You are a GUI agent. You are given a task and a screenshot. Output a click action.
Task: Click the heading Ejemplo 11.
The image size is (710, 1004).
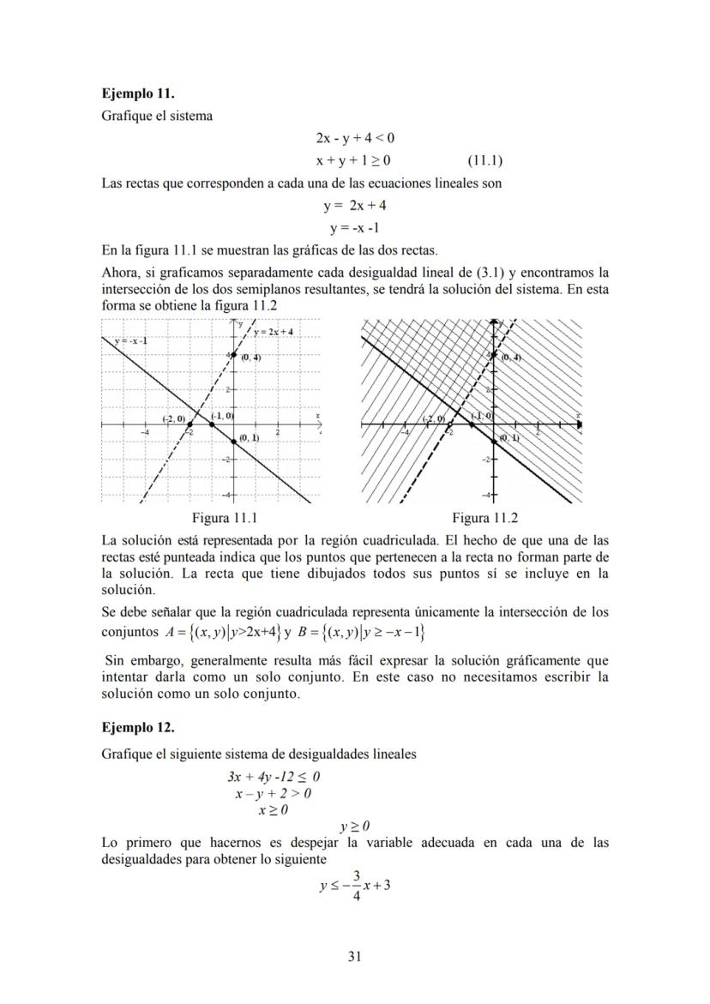click(137, 93)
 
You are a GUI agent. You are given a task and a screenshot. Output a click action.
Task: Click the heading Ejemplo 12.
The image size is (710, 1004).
click(137, 728)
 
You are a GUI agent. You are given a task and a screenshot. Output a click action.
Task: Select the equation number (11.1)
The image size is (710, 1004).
click(485, 159)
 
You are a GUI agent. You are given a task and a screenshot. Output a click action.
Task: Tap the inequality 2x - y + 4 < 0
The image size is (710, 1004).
click(355, 137)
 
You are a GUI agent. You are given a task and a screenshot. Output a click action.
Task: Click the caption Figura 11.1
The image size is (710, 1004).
click(225, 518)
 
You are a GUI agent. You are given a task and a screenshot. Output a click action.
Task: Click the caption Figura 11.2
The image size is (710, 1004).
click(484, 518)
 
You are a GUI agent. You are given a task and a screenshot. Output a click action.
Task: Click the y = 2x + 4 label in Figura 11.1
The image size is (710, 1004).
click(274, 332)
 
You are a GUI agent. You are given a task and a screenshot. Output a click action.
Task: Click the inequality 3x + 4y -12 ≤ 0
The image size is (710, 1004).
click(274, 777)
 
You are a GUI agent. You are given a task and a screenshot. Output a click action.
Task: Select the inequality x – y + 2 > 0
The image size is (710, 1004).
click(274, 793)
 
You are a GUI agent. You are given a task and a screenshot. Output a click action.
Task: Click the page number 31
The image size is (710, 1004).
click(355, 957)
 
